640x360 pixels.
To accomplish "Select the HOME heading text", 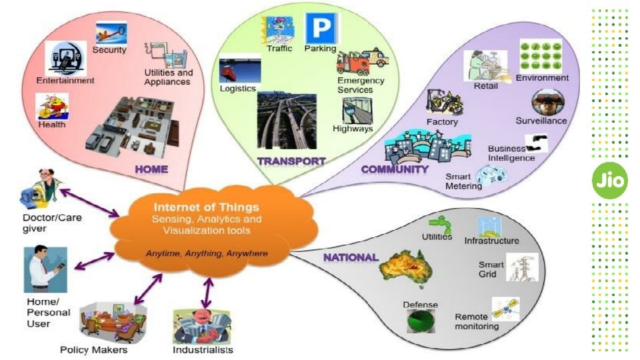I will pyautogui.click(x=151, y=169).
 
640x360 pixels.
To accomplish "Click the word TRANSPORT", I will pyautogui.click(x=291, y=161).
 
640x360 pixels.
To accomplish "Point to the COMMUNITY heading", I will pyautogui.click(x=395, y=169).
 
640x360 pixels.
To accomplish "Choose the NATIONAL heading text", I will pyautogui.click(x=351, y=257).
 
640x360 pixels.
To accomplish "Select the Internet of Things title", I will pyautogui.click(x=206, y=207).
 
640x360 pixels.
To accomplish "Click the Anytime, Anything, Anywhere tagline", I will pyautogui.click(x=207, y=253).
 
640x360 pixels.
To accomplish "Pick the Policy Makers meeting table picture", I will pyautogui.click(x=112, y=322).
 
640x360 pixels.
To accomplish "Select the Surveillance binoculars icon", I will pyautogui.click(x=548, y=103).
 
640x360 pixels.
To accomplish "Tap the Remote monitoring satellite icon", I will pyautogui.click(x=505, y=307).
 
